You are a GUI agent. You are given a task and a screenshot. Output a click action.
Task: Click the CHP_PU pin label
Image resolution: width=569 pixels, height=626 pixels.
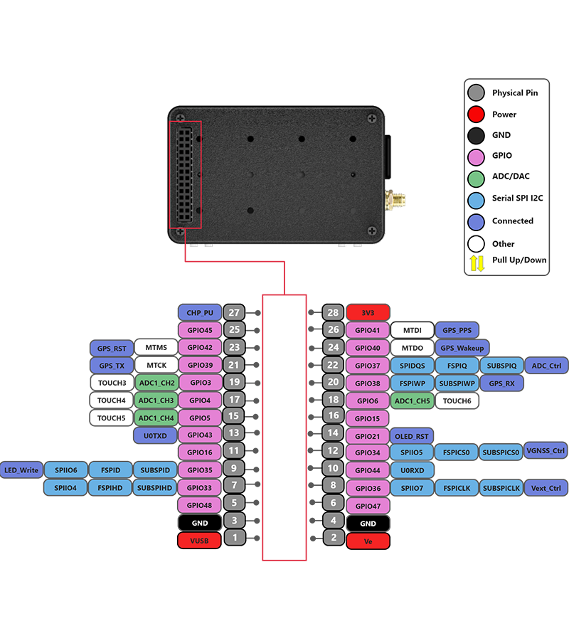(200, 312)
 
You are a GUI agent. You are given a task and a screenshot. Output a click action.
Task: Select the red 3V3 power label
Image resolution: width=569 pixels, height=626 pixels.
(368, 312)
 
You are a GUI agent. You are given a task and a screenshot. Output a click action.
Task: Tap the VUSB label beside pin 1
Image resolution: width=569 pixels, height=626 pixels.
(200, 541)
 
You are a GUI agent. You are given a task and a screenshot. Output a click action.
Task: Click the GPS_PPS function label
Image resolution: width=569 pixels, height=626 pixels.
(457, 330)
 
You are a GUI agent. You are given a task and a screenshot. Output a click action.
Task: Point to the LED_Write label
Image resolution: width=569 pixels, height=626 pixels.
(21, 470)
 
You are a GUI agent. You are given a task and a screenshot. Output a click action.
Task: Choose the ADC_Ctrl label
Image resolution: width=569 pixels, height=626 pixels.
(546, 366)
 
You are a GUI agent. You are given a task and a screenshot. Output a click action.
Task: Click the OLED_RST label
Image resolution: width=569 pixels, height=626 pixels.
(413, 436)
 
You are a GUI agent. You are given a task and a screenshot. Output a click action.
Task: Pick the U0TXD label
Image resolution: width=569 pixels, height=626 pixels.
(155, 435)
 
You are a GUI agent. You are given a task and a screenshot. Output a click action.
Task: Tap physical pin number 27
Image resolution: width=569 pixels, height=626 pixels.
(233, 312)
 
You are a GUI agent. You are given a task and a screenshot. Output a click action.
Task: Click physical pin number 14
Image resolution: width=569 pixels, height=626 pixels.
(332, 433)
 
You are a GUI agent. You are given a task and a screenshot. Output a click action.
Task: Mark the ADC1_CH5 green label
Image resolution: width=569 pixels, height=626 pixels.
(413, 401)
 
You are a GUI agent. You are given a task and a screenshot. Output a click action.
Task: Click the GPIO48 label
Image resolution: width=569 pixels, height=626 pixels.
(200, 505)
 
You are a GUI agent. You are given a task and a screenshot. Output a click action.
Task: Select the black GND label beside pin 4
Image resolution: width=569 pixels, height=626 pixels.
(368, 524)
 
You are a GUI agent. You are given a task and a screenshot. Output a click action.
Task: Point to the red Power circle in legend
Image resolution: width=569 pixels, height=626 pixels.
(477, 114)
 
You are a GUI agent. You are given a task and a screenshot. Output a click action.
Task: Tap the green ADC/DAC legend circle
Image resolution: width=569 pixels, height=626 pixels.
(477, 176)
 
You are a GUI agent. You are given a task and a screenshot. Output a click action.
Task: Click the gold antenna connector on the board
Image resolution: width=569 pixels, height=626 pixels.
(393, 200)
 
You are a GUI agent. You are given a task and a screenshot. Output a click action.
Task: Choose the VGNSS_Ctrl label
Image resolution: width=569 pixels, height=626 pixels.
(546, 450)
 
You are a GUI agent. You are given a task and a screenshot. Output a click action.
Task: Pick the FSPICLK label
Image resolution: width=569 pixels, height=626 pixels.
(456, 488)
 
